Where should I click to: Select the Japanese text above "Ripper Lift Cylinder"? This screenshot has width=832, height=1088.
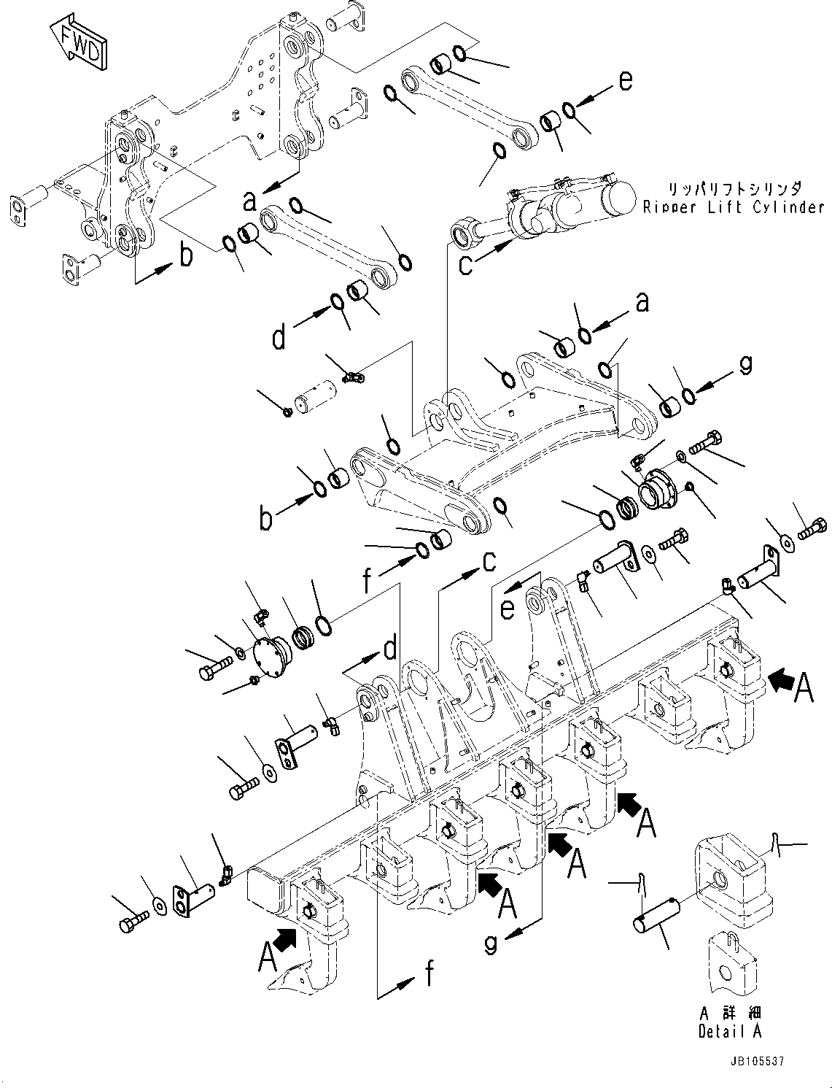pyautogui.click(x=736, y=188)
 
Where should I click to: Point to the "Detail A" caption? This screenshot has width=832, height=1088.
pyautogui.click(x=729, y=1032)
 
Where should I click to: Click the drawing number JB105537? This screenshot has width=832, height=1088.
pyautogui.click(x=755, y=1062)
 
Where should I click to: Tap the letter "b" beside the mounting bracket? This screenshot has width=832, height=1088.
pyautogui.click(x=187, y=255)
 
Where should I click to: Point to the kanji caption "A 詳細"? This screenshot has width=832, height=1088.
pyautogui.click(x=729, y=1014)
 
